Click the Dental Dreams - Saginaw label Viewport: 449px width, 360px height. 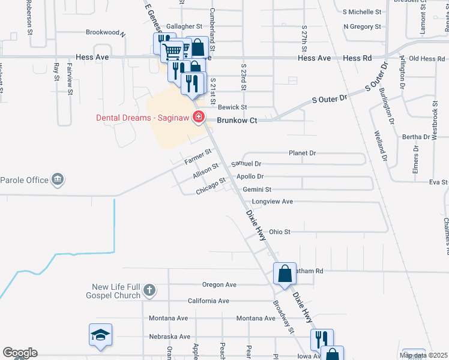tap(142, 118)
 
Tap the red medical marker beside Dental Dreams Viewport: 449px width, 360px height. tap(197, 118)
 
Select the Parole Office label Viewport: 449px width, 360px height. tap(24, 179)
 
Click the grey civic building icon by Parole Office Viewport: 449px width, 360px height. tap(58, 179)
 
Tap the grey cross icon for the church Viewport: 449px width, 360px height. tap(150, 292)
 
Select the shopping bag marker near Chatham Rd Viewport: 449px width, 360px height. tap(285, 274)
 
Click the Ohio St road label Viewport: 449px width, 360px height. tap(280, 232)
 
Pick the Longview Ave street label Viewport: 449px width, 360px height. tap(273, 202)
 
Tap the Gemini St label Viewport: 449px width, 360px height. tap(258, 190)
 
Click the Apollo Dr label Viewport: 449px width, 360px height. tap(250, 176)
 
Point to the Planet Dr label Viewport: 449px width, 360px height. tap(302, 153)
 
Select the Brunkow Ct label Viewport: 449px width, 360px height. tap(237, 121)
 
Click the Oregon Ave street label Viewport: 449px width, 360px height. tap(220, 284)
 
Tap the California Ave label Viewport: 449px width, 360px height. tap(208, 301)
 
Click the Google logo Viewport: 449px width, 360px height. tap(20, 353)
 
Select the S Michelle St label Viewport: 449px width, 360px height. tap(362, 11)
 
